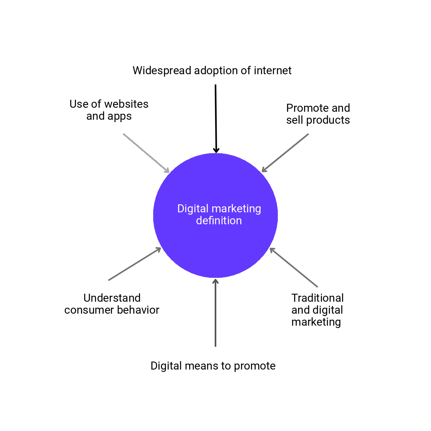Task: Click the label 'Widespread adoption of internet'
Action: pyautogui.click(x=212, y=71)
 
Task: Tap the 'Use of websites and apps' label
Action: pyautogui.click(x=109, y=110)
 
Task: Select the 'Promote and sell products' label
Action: pyautogui.click(x=318, y=114)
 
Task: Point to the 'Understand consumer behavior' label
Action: pyautogui.click(x=112, y=304)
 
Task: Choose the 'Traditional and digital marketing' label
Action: pyautogui.click(x=317, y=310)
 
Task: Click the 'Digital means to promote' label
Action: pyautogui.click(x=213, y=366)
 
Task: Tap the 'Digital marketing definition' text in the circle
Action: pyautogui.click(x=219, y=215)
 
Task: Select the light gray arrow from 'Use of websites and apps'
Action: pyautogui.click(x=146, y=153)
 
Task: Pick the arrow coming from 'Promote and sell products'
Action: pyautogui.click(x=285, y=153)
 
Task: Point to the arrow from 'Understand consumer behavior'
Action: pyautogui.click(x=134, y=264)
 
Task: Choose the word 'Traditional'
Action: pyautogui.click(x=317, y=298)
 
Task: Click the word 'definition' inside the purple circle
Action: pyautogui.click(x=219, y=221)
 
